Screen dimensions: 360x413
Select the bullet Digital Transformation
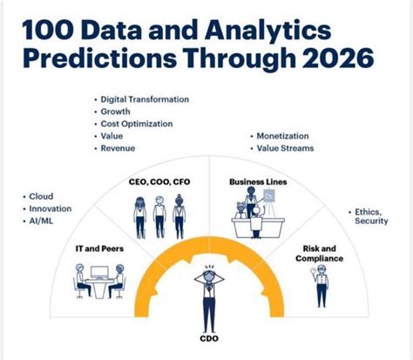(x=145, y=100)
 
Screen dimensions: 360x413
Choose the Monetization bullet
(x=284, y=137)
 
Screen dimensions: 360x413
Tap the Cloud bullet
(x=42, y=197)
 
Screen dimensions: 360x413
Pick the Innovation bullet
(x=50, y=209)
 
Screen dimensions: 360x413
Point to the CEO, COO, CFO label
(x=159, y=182)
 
